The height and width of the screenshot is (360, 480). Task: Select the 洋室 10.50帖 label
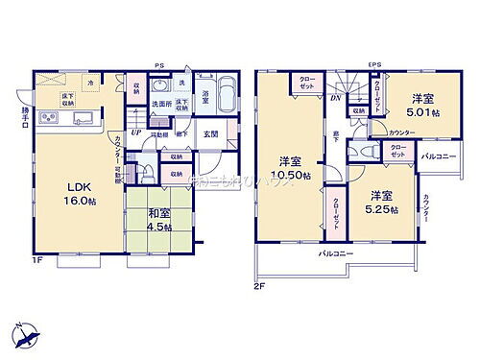(292, 169)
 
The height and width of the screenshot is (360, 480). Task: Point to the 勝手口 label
(24, 111)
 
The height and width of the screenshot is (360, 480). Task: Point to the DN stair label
(335, 97)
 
